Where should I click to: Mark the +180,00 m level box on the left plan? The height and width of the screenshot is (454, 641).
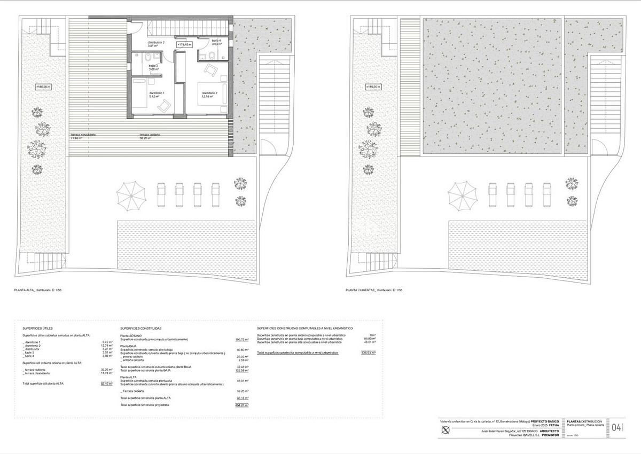click(43, 87)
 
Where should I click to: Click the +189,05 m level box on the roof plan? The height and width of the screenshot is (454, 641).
click(373, 87)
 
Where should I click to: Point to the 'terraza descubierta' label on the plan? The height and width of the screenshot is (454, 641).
click(83, 135)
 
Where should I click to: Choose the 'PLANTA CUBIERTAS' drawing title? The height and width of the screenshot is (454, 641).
click(361, 291)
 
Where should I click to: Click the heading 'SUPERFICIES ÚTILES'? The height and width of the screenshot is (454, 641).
click(37, 328)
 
